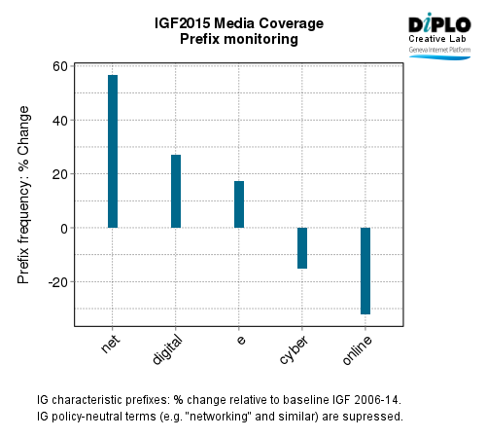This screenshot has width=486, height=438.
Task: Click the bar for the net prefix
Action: click(x=113, y=151)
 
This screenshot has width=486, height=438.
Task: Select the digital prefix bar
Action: click(x=176, y=191)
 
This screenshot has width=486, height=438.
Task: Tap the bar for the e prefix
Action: click(x=239, y=204)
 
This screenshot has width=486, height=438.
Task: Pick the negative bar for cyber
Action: click(x=302, y=248)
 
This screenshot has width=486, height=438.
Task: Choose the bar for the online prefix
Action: click(x=365, y=271)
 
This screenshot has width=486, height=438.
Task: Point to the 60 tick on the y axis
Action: click(x=60, y=66)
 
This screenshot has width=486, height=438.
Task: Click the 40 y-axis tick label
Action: click(x=60, y=121)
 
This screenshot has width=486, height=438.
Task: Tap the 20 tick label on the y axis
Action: click(x=60, y=174)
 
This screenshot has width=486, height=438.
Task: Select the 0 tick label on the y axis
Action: click(x=64, y=228)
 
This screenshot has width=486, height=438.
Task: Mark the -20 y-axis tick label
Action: click(x=58, y=282)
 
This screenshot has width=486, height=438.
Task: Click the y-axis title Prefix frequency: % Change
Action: click(x=24, y=195)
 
